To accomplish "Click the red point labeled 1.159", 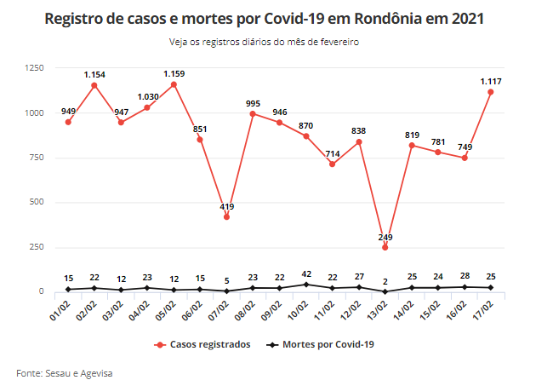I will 174,84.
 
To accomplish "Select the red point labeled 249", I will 385,247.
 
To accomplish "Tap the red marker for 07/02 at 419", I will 226,216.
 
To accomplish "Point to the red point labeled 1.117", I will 490,92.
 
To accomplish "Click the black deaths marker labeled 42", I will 305,284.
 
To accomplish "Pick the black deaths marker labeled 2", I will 385,291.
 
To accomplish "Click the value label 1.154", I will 94,75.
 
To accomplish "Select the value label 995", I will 253,103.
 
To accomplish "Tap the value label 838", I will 358,131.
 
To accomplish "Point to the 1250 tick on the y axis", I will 34,67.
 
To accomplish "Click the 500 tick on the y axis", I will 37,202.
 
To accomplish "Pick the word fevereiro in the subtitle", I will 339,41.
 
